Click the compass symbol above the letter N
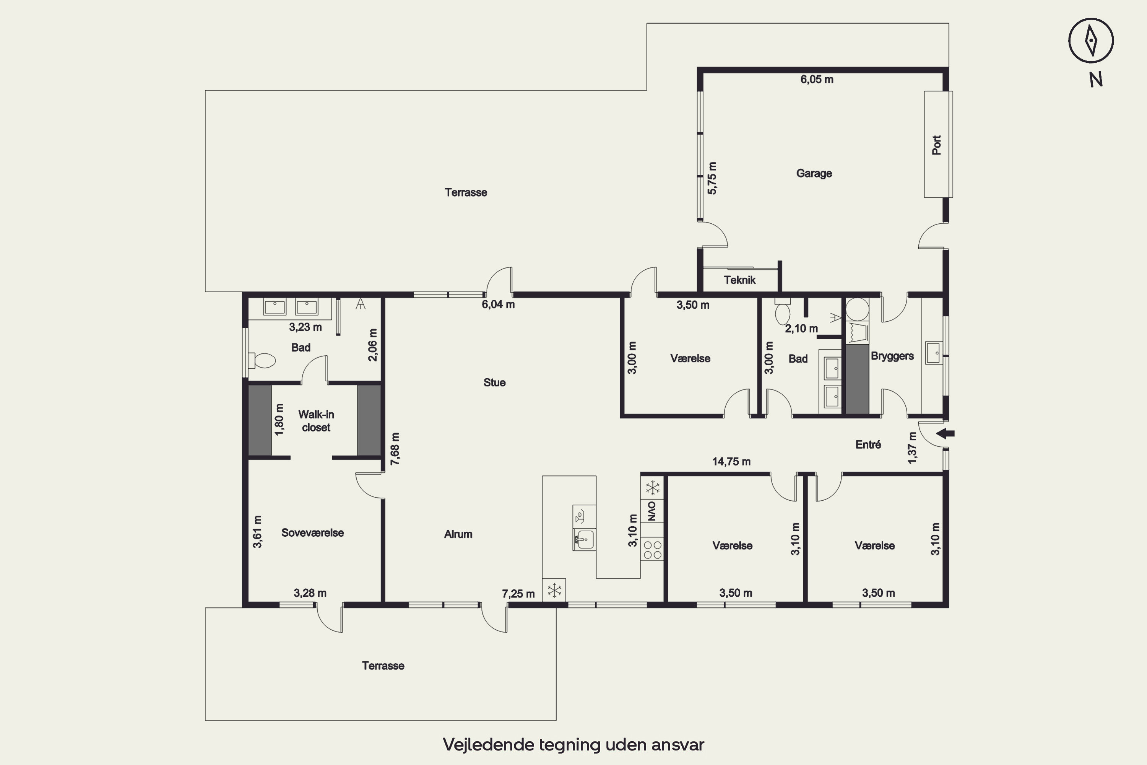(1091, 41)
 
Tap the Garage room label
(814, 173)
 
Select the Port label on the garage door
(936, 145)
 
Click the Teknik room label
(739, 280)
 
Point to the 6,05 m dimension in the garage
(817, 80)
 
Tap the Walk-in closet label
(316, 420)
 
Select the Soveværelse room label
(313, 533)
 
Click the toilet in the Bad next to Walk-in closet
(262, 361)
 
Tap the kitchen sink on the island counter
(584, 540)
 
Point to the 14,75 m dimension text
(731, 462)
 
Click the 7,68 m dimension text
(395, 448)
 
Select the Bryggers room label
(892, 356)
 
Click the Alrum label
(458, 534)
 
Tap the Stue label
(494, 382)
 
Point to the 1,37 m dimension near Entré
(912, 448)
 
